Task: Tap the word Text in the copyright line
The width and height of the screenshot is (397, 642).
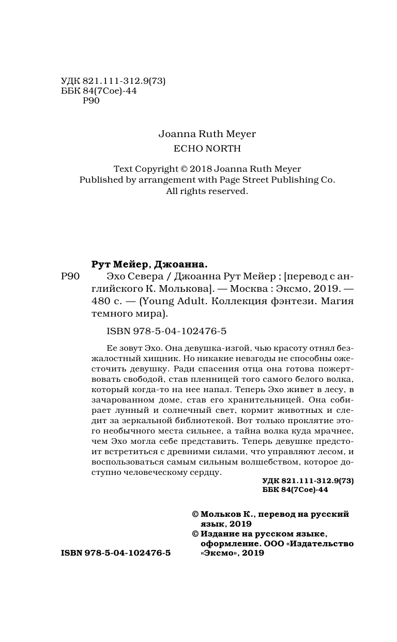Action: (123, 169)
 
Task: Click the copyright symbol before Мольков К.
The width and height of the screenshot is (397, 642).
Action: (195, 514)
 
